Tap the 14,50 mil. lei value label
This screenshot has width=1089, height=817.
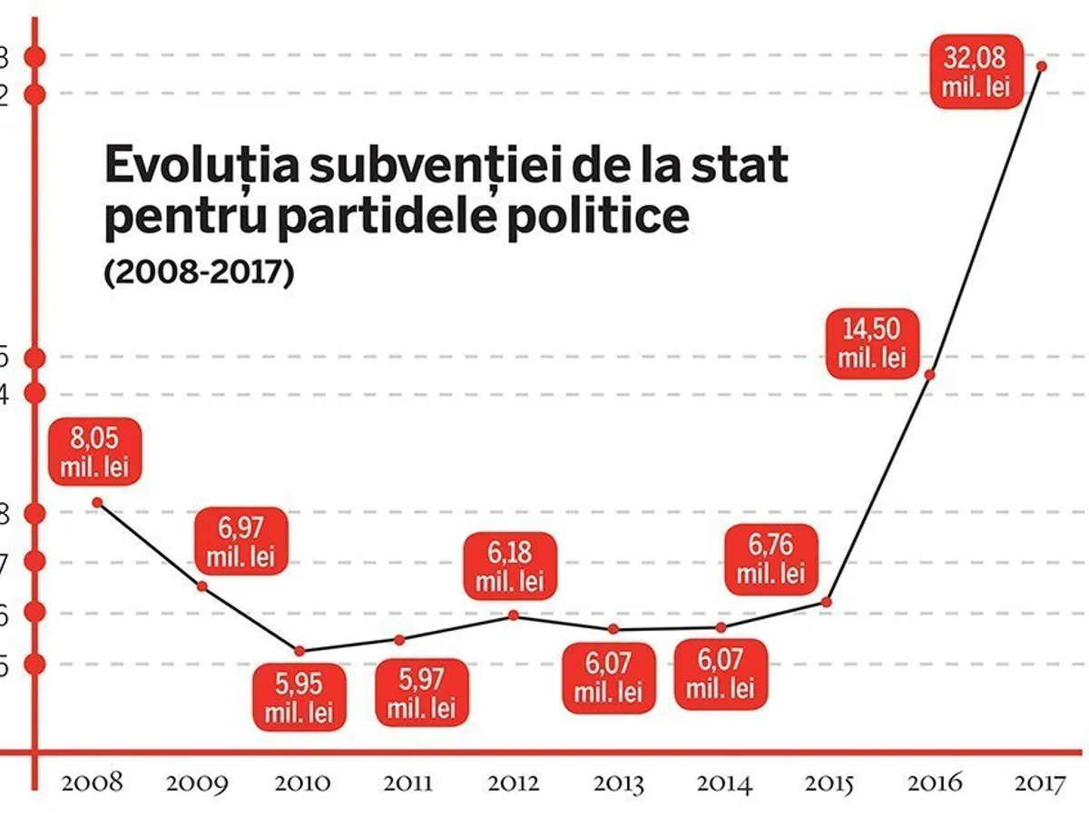point(872,345)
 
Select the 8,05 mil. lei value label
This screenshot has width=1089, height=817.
point(95,450)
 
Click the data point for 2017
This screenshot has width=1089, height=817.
point(1042,66)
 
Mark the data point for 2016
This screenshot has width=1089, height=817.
point(929,374)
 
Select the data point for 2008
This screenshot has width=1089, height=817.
point(97,501)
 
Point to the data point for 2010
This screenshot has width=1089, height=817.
point(299,650)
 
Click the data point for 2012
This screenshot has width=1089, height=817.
point(513,615)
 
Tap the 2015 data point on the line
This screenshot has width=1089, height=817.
point(826,601)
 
